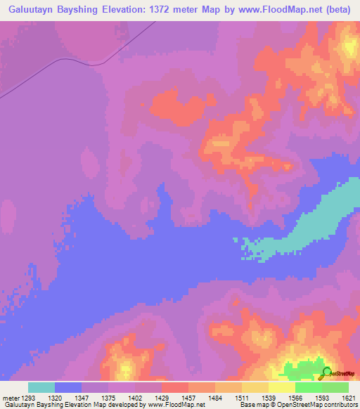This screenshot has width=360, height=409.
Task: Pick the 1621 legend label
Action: [349, 397]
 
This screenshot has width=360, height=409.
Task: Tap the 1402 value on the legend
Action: [136, 397]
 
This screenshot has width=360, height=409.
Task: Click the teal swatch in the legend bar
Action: [41, 387]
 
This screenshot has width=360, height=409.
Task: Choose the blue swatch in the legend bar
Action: [67, 387]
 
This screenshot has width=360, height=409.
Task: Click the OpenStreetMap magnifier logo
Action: [327, 373]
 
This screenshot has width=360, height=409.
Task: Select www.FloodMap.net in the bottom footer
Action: [176, 405]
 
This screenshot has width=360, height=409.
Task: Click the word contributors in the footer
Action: [341, 405]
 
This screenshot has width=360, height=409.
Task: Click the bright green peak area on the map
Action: [302, 369]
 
